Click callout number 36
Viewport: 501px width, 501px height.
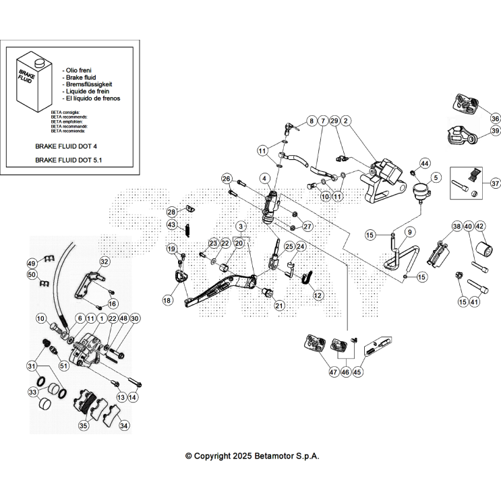click(495, 118)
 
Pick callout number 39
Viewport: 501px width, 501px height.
click(495, 131)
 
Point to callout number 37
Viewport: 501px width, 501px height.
click(495, 183)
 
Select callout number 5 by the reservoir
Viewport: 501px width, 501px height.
click(436, 177)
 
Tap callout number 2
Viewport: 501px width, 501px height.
click(345, 121)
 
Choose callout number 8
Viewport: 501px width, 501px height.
click(311, 121)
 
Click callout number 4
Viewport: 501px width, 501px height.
click(266, 178)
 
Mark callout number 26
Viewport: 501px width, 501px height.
click(227, 178)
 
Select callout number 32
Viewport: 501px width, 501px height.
click(104, 261)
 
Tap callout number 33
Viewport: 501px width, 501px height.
click(32, 392)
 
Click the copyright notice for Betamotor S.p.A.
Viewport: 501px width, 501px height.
click(252, 456)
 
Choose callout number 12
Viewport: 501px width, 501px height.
click(318, 295)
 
